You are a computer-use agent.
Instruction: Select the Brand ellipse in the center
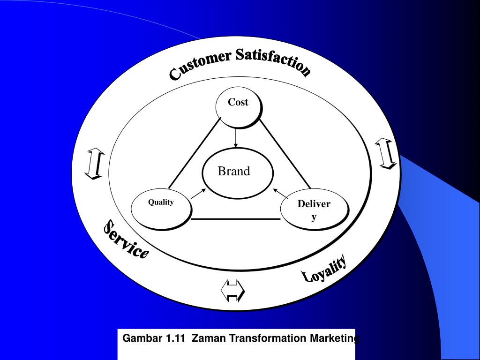(237, 172)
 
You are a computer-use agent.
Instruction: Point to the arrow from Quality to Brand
(198, 193)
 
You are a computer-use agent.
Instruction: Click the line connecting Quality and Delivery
(236, 219)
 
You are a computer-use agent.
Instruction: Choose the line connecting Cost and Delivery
(285, 153)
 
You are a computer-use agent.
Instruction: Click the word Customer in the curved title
(200, 65)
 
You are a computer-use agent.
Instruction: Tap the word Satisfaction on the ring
(273, 61)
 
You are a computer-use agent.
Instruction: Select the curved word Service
(126, 240)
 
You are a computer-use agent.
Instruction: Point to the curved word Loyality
(324, 270)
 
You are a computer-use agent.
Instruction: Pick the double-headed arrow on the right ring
(386, 153)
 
